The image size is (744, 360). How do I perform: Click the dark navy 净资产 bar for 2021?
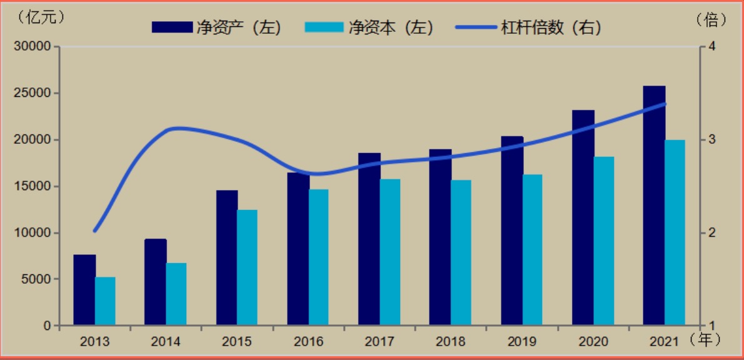point(655,206)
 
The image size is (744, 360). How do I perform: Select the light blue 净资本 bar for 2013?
point(105,301)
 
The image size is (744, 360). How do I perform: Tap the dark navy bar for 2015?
point(227,257)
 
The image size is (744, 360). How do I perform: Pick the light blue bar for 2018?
point(461,252)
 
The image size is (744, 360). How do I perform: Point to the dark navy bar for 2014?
point(156,282)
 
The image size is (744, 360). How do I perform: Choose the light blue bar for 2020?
point(604,241)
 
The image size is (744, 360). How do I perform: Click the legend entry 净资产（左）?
point(216,27)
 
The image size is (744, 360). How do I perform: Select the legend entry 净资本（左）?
point(368,27)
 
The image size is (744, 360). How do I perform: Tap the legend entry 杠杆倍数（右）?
point(528,27)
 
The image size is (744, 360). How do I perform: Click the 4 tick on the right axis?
point(711,47)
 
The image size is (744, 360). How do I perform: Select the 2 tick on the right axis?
point(711,233)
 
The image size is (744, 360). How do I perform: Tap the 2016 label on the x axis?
point(308,342)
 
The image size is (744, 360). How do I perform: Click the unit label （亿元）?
point(42,17)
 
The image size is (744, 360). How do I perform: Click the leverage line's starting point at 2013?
point(95,231)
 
